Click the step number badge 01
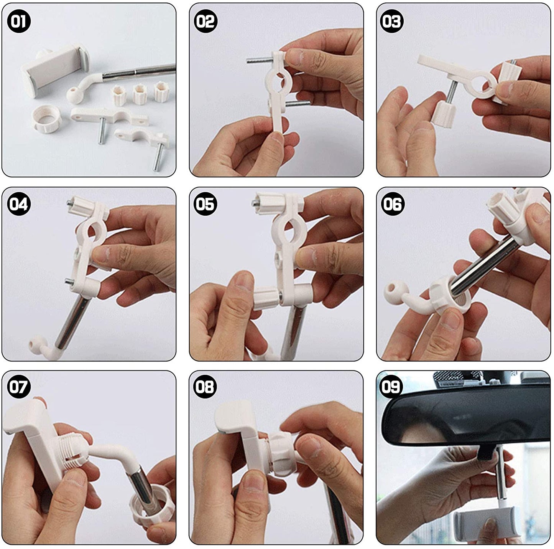pyautogui.click(x=19, y=21)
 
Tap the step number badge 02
pyautogui.click(x=206, y=21)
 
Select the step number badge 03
pyautogui.click(x=392, y=21)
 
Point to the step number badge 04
pyautogui.click(x=19, y=204)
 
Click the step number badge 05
pyautogui.click(x=206, y=204)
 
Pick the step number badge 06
pyautogui.click(x=392, y=204)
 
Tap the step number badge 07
pyautogui.click(x=19, y=387)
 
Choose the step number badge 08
pyautogui.click(x=206, y=387)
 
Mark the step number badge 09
pyautogui.click(x=392, y=387)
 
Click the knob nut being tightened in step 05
pyautogui.click(x=266, y=298)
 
